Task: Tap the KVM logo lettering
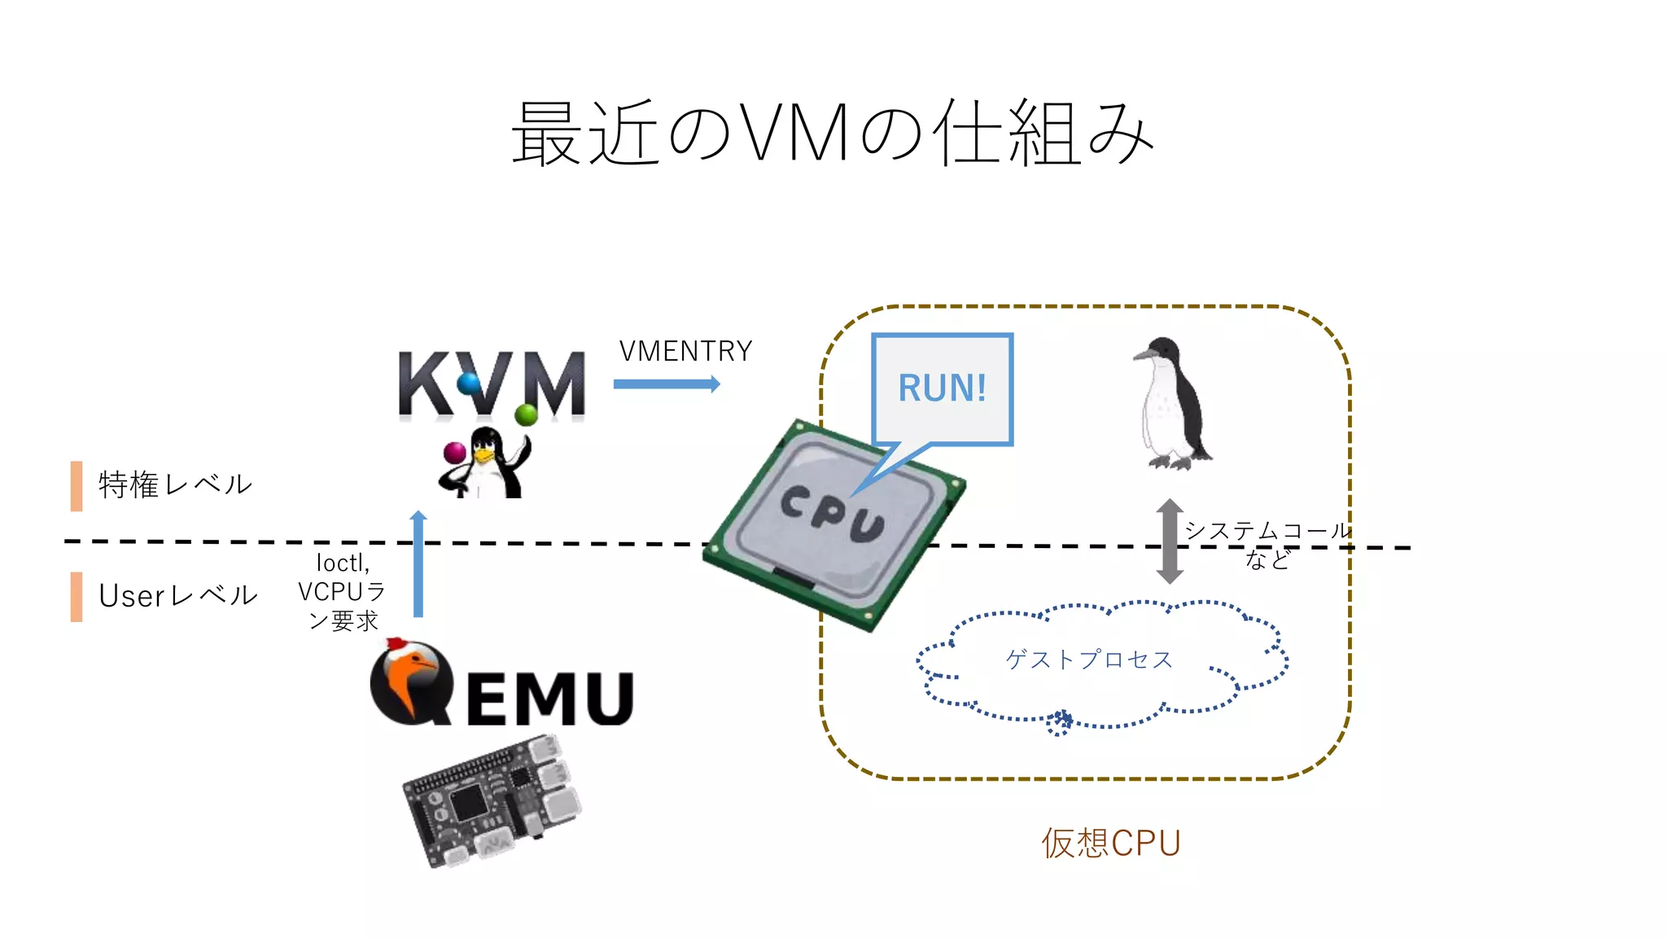click(x=492, y=384)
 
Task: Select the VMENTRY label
click(x=685, y=352)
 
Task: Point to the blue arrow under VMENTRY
click(x=666, y=384)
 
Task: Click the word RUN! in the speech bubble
click(x=942, y=388)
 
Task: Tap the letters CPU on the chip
click(x=832, y=513)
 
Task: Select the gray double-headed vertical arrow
click(x=1170, y=541)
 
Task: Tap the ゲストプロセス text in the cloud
click(x=1089, y=660)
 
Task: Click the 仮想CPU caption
click(x=1110, y=844)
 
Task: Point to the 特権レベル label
click(x=175, y=484)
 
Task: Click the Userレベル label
click(x=177, y=596)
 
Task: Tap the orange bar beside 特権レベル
click(x=77, y=486)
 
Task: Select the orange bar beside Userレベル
click(x=77, y=597)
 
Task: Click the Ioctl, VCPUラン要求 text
click(x=342, y=592)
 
